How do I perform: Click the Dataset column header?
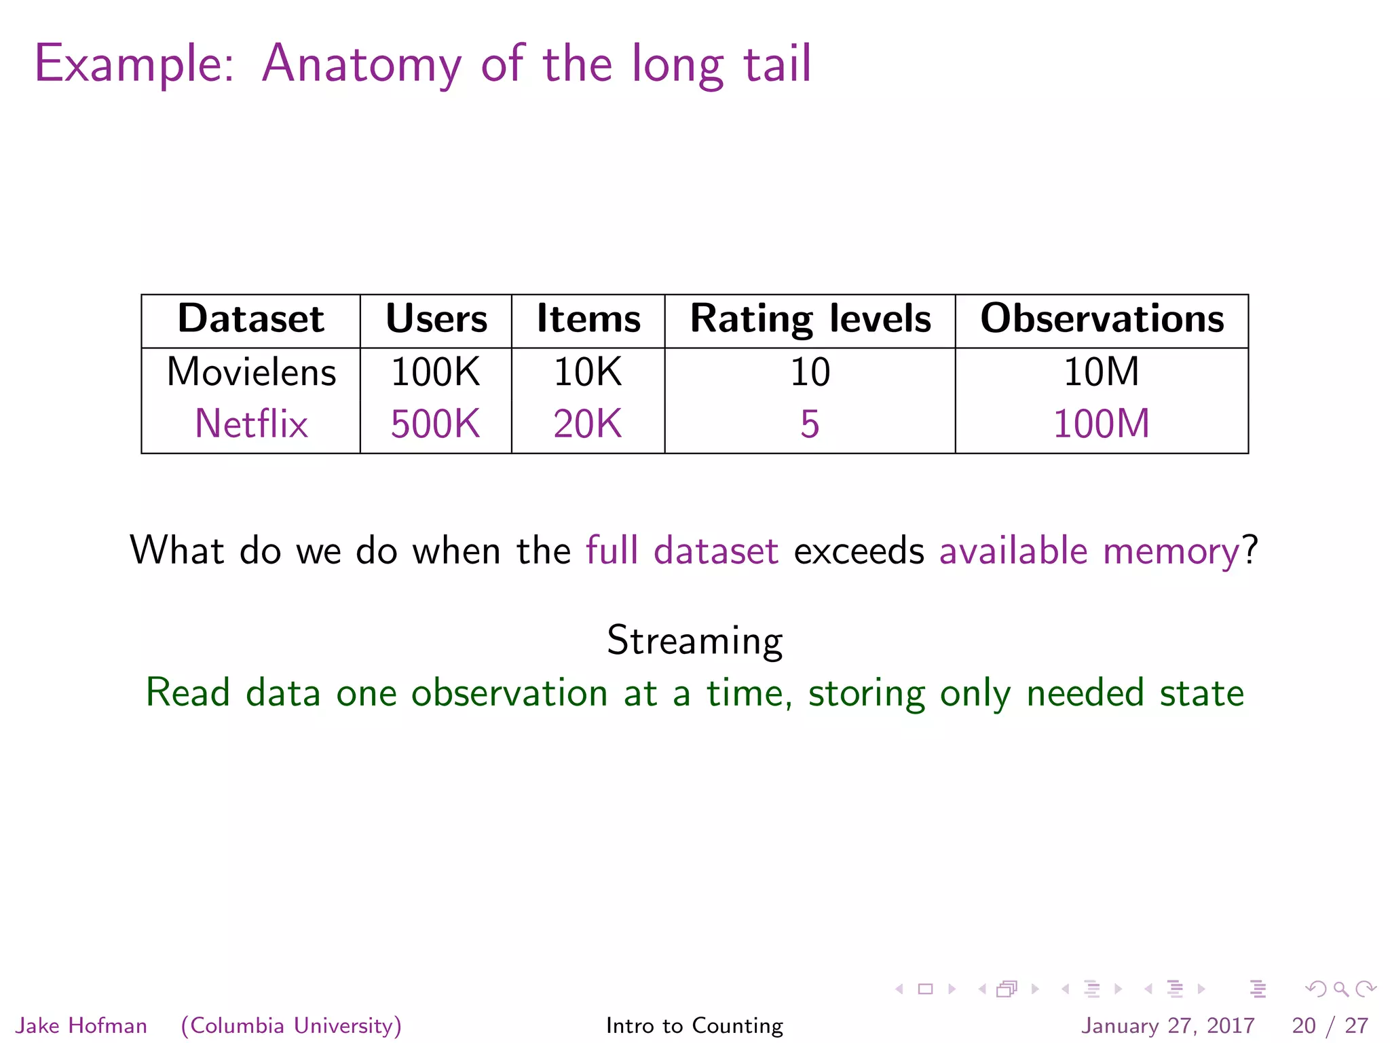(x=250, y=319)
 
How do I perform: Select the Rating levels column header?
(x=810, y=319)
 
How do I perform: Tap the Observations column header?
(x=1102, y=319)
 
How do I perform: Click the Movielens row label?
(x=251, y=372)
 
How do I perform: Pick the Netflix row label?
(x=251, y=424)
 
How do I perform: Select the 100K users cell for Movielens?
(x=435, y=372)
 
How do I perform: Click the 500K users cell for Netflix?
(x=435, y=424)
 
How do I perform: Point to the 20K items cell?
(x=588, y=424)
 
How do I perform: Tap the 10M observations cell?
(x=1101, y=372)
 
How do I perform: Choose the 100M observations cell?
(x=1101, y=424)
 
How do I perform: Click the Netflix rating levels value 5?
(x=810, y=424)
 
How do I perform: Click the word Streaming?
(x=694, y=640)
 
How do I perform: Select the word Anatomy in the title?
(x=362, y=65)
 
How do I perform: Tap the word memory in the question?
(x=1172, y=551)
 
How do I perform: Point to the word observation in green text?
(x=509, y=693)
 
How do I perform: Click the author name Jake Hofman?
(x=81, y=1025)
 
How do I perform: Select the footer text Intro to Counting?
(x=694, y=1025)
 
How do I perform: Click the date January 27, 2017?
(x=1167, y=1025)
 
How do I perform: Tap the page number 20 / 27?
(x=1330, y=1025)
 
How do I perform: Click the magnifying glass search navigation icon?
(x=1340, y=989)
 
